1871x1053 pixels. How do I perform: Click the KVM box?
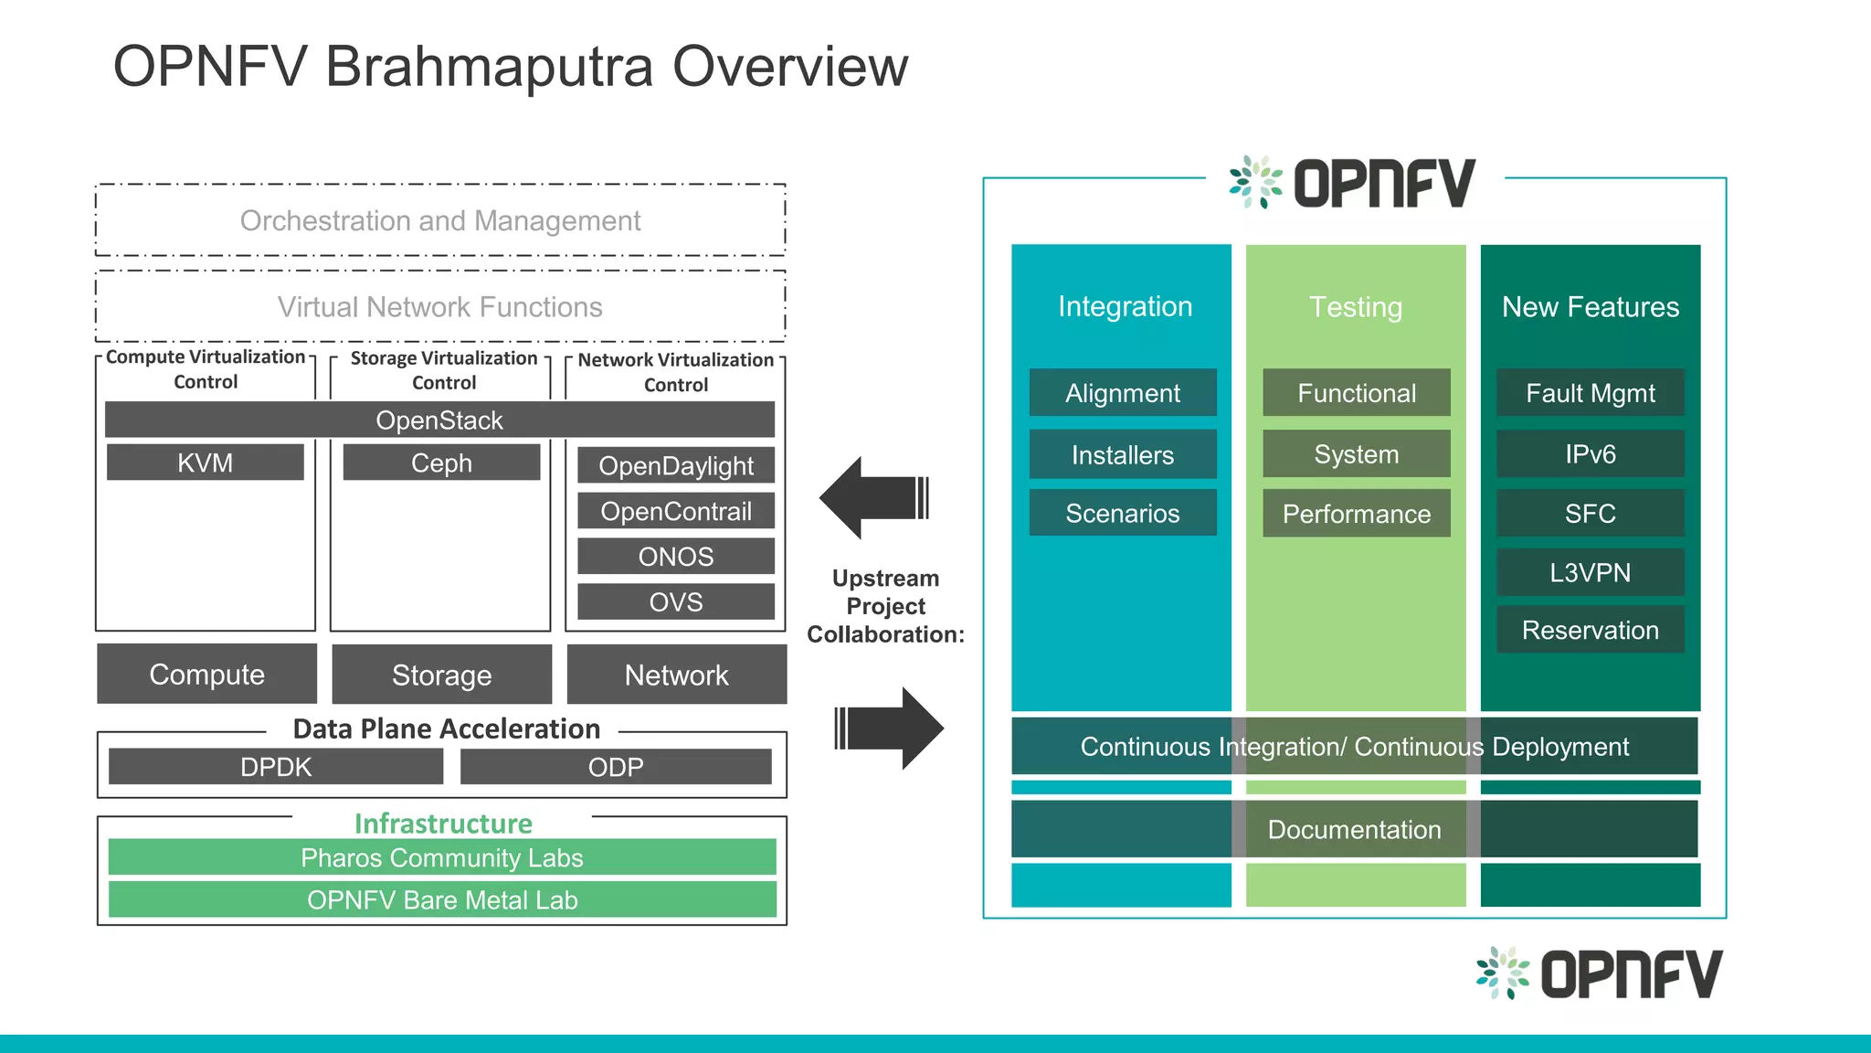(205, 463)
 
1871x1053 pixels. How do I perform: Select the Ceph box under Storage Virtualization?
(441, 463)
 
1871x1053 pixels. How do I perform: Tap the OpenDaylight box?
(676, 465)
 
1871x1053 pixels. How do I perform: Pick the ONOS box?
(676, 556)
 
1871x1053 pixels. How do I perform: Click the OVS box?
(676, 601)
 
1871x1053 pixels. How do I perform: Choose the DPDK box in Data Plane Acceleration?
(275, 767)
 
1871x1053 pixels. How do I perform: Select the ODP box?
(616, 767)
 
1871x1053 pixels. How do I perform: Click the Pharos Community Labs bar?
(442, 857)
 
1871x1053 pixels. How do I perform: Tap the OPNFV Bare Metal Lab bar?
(442, 899)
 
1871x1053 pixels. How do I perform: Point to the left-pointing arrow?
(872, 498)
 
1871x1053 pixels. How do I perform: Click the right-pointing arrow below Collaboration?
(890, 729)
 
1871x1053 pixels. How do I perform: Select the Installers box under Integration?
(1123, 454)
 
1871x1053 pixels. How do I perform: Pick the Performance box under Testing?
(1357, 514)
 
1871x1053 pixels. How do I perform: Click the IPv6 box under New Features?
(1590, 454)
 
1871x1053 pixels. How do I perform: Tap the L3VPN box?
(1590, 572)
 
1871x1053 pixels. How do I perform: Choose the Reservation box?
(1590, 630)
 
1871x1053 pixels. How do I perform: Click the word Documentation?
(1354, 829)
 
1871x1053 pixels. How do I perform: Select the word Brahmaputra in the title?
(489, 67)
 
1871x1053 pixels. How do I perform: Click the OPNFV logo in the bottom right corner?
(1599, 973)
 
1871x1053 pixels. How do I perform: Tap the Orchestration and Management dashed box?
(440, 220)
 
